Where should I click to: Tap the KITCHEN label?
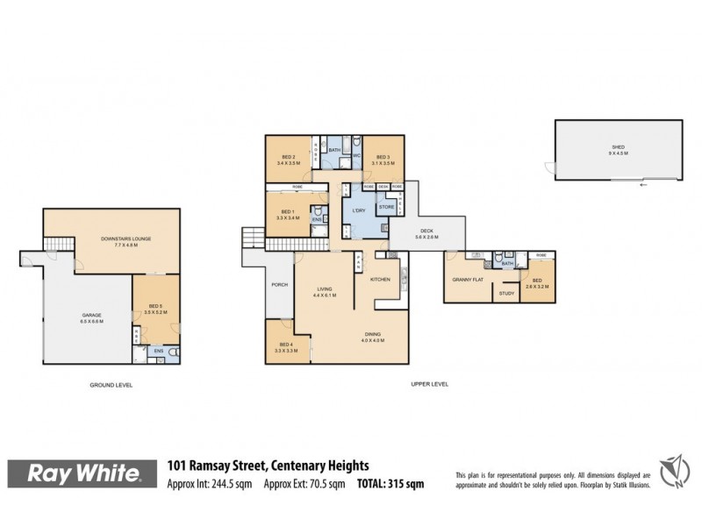point(380,279)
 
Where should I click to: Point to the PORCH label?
point(279,283)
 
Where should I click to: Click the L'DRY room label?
point(359,211)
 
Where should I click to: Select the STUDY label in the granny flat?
point(505,294)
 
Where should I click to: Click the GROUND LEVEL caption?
point(111,385)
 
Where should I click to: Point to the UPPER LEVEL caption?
point(430,385)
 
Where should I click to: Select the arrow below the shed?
point(643,187)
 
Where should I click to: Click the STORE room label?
point(386,208)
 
